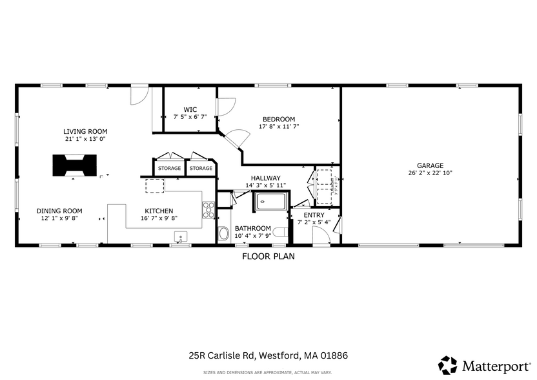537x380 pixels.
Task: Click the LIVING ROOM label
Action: (x=85, y=131)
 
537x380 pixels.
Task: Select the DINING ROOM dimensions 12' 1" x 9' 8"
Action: (x=59, y=218)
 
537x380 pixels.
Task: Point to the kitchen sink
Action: (x=180, y=237)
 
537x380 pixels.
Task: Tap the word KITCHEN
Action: (x=159, y=211)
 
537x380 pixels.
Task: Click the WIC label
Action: (x=190, y=109)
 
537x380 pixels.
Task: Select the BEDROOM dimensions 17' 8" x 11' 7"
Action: (x=279, y=127)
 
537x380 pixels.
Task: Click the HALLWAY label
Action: (x=265, y=178)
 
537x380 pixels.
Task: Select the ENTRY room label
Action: (x=314, y=215)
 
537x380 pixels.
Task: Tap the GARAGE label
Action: (x=430, y=165)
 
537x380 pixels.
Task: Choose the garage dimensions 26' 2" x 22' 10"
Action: (x=430, y=173)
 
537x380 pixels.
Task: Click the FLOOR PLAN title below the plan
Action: (x=268, y=256)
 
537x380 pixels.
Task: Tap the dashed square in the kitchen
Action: (x=154, y=186)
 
